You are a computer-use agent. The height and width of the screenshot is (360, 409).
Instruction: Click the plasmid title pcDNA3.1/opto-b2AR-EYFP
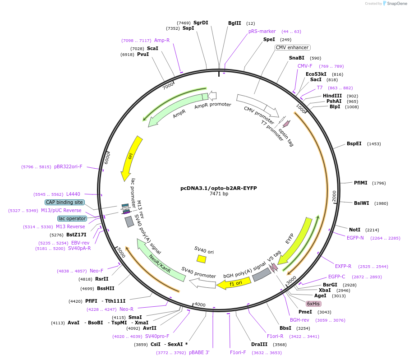coord(218,188)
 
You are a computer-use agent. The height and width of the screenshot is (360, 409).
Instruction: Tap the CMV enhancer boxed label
coord(292,47)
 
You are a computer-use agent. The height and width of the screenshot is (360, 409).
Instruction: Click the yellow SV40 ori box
coord(201,259)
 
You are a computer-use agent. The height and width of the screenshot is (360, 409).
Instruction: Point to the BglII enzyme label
coord(234,23)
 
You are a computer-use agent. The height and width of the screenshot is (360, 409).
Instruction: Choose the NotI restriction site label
coord(355,230)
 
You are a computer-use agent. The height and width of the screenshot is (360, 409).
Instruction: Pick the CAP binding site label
coord(64,202)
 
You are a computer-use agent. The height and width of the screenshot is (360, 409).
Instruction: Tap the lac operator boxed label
coord(72,218)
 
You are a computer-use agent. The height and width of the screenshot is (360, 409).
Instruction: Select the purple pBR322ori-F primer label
coord(68,166)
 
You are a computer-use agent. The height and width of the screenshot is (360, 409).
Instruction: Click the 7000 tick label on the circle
coord(168,85)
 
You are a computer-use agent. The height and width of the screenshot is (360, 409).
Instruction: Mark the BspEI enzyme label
coord(354,144)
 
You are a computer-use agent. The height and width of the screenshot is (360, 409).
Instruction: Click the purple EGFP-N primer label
coord(355,238)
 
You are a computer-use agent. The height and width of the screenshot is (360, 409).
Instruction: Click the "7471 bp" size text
coord(219,194)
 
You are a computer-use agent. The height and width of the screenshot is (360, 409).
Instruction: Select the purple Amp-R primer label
coord(162,40)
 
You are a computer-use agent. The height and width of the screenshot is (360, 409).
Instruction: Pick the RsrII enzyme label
coord(101,279)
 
